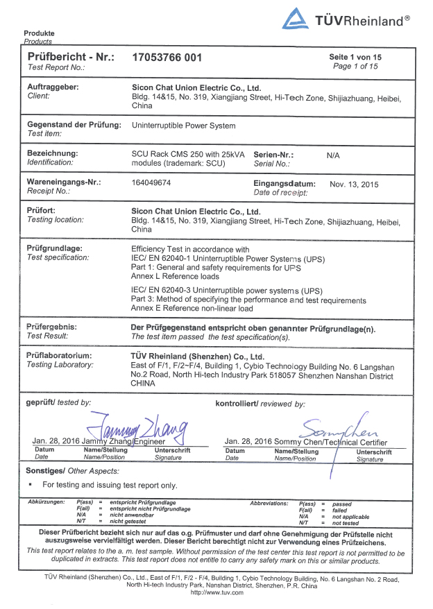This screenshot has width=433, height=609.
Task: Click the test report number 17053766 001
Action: coord(167,58)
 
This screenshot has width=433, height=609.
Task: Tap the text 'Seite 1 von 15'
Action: coord(355,57)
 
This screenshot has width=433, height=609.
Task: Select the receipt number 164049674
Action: coord(151,183)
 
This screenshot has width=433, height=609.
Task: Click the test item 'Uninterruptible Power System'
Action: coord(183,126)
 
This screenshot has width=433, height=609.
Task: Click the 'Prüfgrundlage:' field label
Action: coord(54,248)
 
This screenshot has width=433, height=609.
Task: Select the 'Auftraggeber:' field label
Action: coord(52,87)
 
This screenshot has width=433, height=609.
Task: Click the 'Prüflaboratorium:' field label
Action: coord(59,355)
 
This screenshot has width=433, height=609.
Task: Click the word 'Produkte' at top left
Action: coord(39,33)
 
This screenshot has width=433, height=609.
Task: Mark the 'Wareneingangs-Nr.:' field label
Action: coord(63,182)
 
